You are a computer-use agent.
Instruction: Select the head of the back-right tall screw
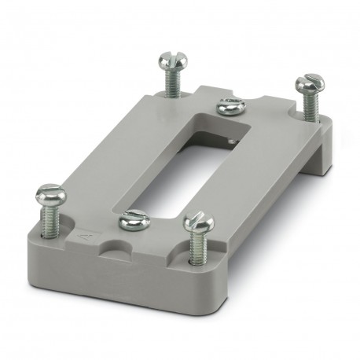[x=309, y=82]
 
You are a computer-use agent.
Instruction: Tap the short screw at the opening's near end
[x=133, y=222]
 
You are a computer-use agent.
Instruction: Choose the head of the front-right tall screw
[x=198, y=222]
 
